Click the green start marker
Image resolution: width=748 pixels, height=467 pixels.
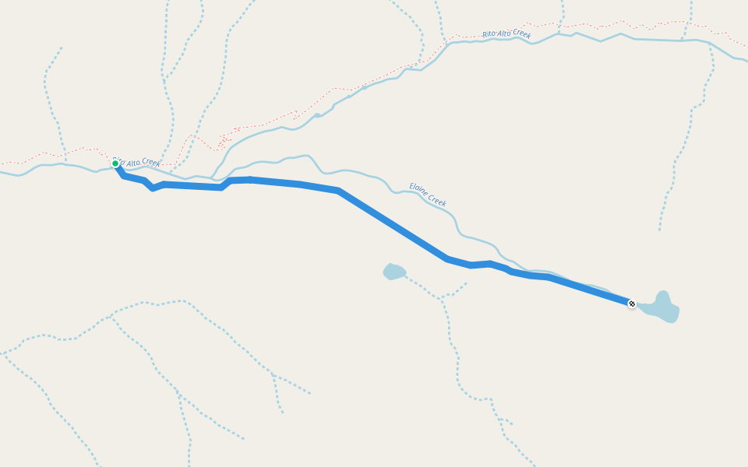(115, 163)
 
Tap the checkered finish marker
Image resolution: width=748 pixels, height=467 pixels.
(632, 304)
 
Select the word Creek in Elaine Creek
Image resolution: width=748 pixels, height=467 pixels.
(437, 201)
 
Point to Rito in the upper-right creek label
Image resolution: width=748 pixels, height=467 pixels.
(489, 34)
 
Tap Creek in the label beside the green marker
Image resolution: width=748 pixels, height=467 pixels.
(150, 163)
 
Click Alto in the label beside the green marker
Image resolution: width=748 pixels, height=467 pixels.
(132, 162)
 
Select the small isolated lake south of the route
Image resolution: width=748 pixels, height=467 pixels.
(394, 272)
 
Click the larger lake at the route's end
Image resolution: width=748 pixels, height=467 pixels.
(662, 309)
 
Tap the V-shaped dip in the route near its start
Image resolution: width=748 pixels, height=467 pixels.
(153, 188)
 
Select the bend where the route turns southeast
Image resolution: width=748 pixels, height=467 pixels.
(337, 191)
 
